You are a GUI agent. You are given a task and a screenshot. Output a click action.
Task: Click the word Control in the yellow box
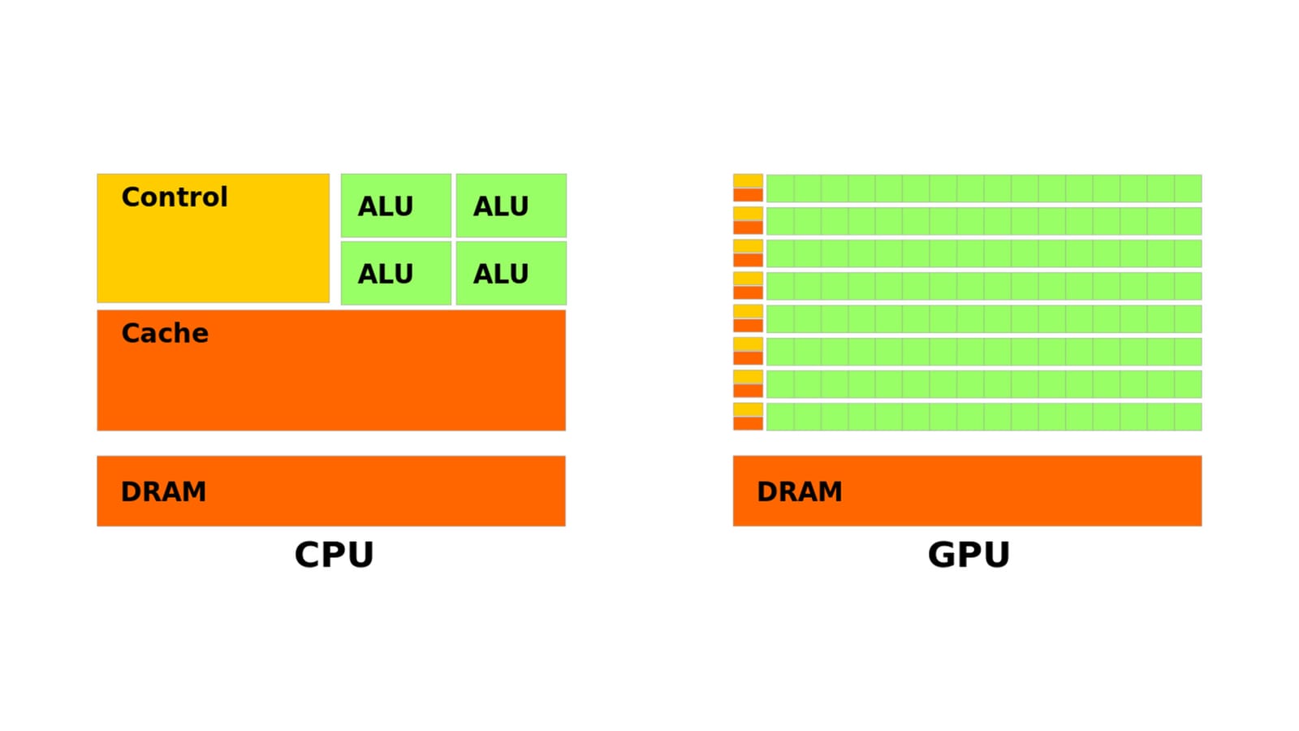[175, 197]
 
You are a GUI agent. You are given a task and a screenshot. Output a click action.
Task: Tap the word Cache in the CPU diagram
[165, 333]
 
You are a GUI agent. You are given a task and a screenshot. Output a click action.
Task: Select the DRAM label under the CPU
[163, 491]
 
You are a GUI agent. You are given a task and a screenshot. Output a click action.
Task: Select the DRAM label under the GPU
[800, 491]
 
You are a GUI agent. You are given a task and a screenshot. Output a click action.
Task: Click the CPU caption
[334, 555]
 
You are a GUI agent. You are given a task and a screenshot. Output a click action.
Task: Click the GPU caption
[969, 555]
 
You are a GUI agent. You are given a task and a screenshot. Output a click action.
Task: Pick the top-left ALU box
[395, 205]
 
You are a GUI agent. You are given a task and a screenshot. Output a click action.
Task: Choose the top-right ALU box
[511, 205]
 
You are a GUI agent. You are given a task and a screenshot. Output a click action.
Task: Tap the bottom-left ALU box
[395, 273]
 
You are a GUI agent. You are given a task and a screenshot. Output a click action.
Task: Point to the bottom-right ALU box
[511, 273]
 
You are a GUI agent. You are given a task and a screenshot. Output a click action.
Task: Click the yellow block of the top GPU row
[748, 181]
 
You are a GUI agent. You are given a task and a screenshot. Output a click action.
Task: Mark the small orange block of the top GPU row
[748, 195]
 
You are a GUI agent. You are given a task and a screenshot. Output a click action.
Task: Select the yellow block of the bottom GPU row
[748, 409]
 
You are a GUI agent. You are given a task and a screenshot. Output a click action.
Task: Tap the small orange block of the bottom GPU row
[748, 423]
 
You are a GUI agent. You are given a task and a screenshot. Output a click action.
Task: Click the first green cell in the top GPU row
[780, 188]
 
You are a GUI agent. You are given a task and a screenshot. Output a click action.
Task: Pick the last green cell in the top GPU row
[1188, 188]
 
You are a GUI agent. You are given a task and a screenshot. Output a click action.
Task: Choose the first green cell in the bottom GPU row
[780, 417]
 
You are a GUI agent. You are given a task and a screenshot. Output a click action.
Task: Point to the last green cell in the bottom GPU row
[1188, 417]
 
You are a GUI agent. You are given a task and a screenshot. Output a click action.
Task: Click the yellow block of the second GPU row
[748, 214]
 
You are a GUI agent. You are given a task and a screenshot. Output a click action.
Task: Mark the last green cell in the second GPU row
[1188, 221]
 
